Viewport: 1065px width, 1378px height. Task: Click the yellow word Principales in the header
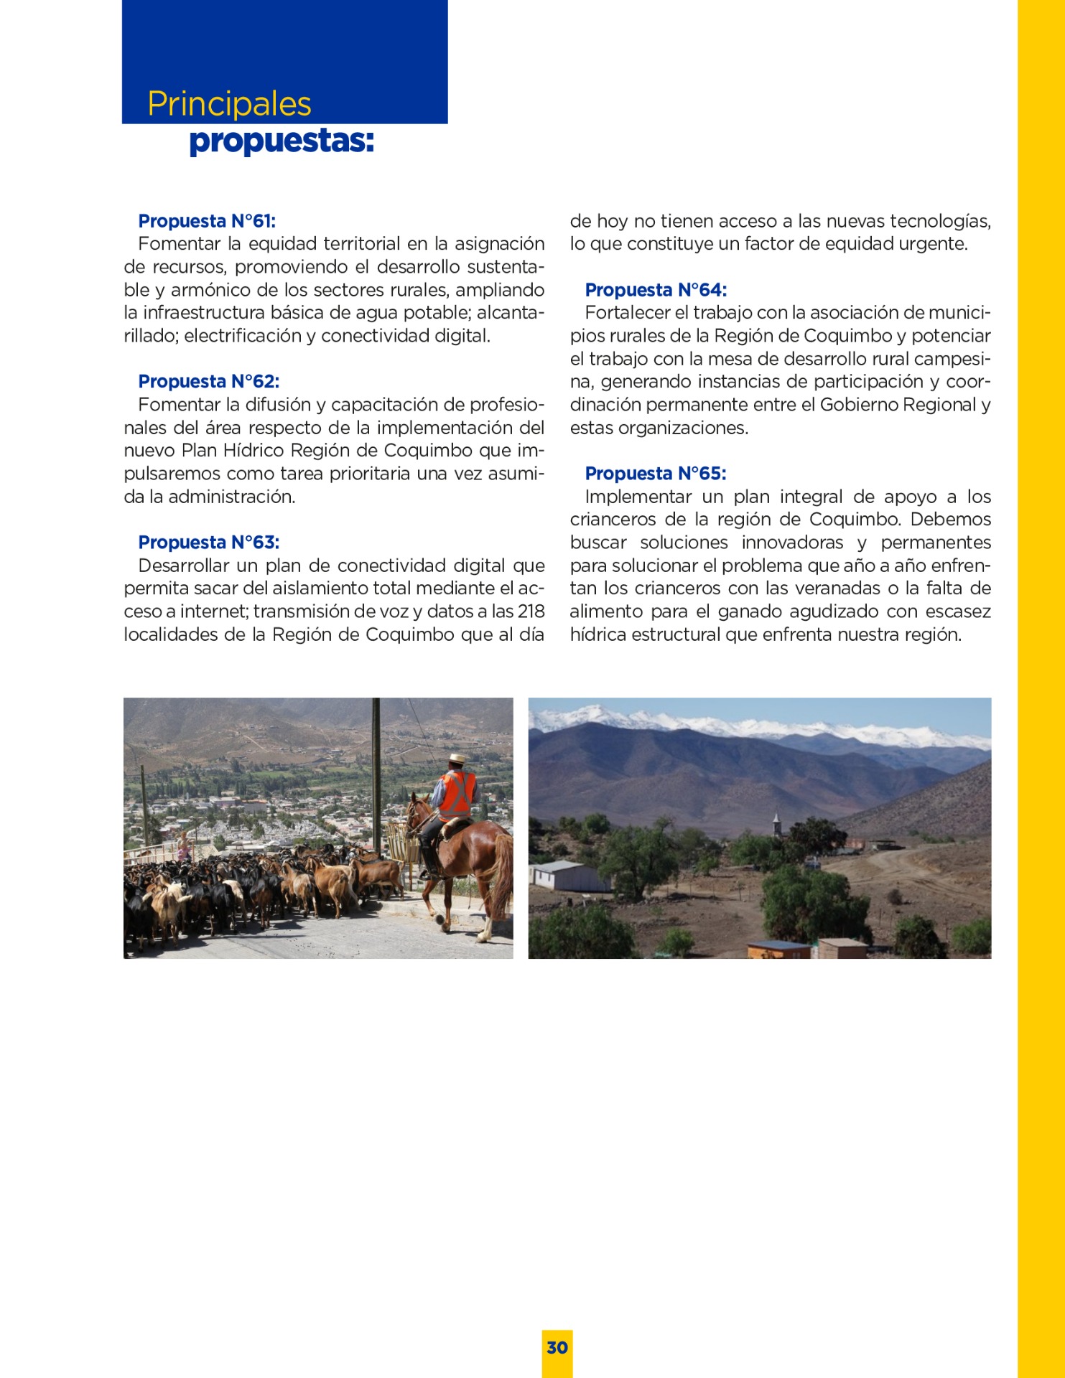tap(229, 104)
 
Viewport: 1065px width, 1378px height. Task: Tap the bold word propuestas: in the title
tap(281, 141)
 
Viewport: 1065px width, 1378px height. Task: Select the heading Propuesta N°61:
tap(207, 221)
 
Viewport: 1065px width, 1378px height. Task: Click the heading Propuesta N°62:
tap(208, 381)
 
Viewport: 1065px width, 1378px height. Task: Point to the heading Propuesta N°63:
tap(208, 542)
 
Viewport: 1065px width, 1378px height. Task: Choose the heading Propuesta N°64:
tap(656, 290)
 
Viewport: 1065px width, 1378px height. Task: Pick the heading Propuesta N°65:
tap(655, 474)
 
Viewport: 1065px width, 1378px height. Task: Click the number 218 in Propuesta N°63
tap(531, 611)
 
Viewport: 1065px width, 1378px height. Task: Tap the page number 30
tap(557, 1347)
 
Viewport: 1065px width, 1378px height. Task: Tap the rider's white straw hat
tap(457, 759)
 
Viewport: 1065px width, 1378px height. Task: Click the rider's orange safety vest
tap(457, 794)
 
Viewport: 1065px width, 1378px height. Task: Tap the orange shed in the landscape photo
tap(778, 949)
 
